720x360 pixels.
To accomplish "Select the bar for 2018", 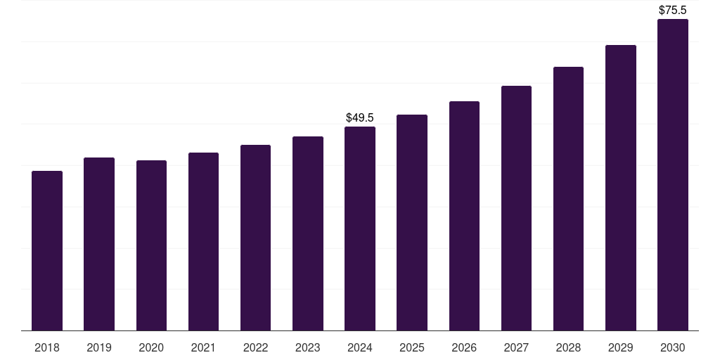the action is point(47,251).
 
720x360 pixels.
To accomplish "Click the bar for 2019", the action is point(99,244).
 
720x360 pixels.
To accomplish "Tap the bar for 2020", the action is point(152,245).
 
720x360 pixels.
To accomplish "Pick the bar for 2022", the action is point(255,238).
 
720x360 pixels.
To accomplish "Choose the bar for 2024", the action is point(360,229).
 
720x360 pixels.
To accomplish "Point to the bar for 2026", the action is point(464,216).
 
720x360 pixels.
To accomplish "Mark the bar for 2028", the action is point(568,198).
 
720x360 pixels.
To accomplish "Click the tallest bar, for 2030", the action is point(673,174).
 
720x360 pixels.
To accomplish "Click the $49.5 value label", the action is point(360,117).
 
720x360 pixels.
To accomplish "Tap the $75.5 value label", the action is point(673,10).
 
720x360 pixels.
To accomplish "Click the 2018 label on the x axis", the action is point(47,347).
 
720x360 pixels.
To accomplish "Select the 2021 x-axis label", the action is point(203,347).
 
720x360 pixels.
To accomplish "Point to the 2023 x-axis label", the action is point(308,347).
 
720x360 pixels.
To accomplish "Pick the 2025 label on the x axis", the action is point(412,347).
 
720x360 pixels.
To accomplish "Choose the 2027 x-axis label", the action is point(516,347).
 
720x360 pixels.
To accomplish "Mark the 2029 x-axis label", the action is point(620,347).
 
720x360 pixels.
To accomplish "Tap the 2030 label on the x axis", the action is point(673,347).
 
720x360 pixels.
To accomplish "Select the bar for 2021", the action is point(203,242).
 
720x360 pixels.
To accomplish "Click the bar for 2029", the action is point(621,188).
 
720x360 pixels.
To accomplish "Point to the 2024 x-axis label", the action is point(360,347).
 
